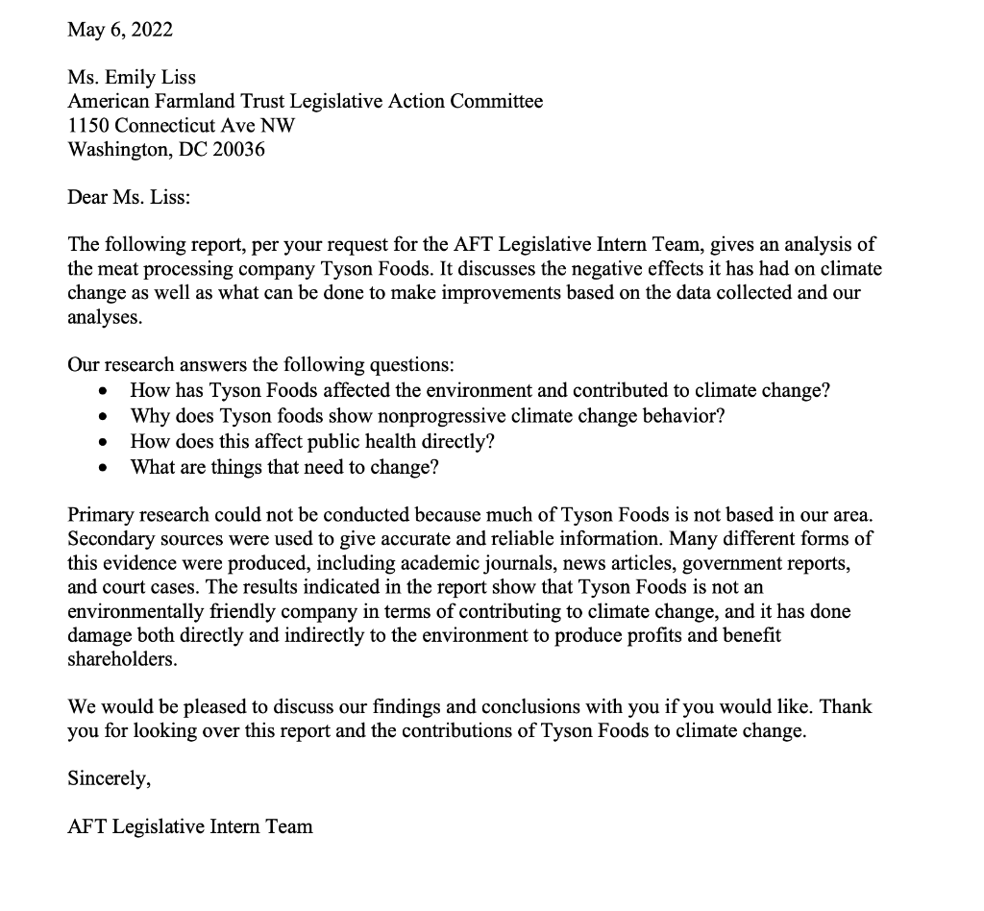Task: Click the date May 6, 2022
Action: tap(120, 30)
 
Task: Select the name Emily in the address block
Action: tap(132, 78)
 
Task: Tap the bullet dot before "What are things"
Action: tap(104, 468)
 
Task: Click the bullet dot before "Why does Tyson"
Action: tap(104, 418)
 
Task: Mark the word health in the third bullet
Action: tap(388, 441)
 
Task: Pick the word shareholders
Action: tap(122, 660)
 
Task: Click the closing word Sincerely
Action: tap(109, 779)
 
